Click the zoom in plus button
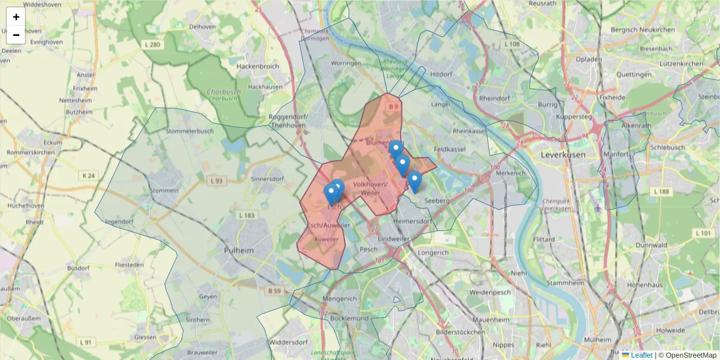click(16, 17)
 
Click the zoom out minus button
click(16, 35)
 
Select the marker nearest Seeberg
click(414, 181)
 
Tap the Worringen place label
click(346, 63)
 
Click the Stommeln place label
click(166, 191)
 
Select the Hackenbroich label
click(258, 67)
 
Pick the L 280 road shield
click(153, 44)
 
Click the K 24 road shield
click(88, 176)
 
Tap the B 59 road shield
click(274, 291)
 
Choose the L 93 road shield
click(216, 180)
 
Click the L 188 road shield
click(661, 191)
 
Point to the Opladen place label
click(588, 59)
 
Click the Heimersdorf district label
click(413, 221)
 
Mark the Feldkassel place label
click(448, 146)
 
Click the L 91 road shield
click(87, 342)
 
